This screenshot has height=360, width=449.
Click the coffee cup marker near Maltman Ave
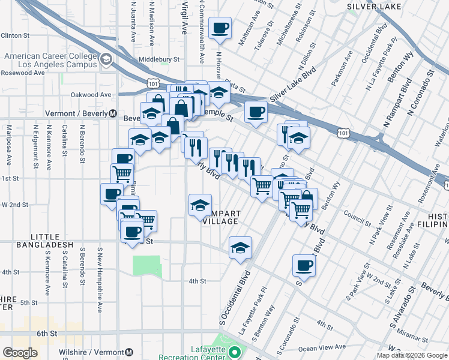[x=220, y=28]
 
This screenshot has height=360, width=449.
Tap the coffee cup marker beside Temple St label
[x=256, y=112]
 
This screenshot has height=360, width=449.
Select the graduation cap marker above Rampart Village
[x=200, y=205]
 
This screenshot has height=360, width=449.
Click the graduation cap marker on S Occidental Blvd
[x=240, y=247]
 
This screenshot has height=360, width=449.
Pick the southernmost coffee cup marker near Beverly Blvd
[x=304, y=265]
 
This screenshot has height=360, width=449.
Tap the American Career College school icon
[x=106, y=59]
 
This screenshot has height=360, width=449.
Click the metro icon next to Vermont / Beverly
[x=112, y=114]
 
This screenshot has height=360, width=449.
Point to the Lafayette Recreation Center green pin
[x=235, y=352]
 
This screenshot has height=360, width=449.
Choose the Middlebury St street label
[x=159, y=59]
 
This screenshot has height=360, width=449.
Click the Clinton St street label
[x=14, y=36]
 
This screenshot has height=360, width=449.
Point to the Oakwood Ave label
[x=91, y=95]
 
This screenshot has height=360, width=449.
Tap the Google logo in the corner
[x=20, y=353]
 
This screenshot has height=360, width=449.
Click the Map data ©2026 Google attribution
[x=411, y=355]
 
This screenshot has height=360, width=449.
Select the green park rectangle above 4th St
[x=147, y=266]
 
